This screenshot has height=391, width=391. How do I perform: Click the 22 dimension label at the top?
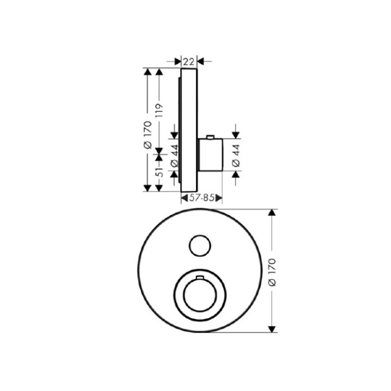[188, 61]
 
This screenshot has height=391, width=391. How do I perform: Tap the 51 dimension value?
[159, 172]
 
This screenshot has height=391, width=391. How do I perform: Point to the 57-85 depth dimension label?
[201, 199]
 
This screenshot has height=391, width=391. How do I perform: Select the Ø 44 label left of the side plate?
[174, 155]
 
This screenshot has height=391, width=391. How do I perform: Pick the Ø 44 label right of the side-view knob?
[236, 155]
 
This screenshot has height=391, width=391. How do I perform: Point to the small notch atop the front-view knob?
[199, 278]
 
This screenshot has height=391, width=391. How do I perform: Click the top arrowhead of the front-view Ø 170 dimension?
[273, 213]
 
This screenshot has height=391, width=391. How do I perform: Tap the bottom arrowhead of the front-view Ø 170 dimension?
[273, 328]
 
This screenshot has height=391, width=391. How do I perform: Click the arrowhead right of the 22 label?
[200, 61]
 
